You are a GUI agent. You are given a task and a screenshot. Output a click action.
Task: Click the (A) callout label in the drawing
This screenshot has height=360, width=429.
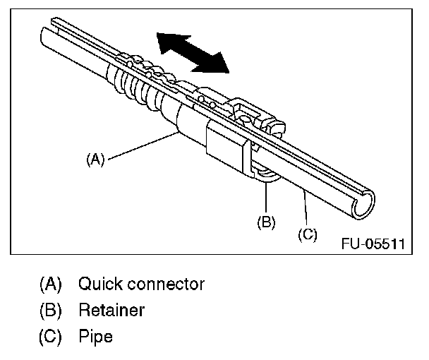coord(95,160)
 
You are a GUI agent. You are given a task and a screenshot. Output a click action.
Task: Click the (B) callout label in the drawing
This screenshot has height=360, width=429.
coord(265,222)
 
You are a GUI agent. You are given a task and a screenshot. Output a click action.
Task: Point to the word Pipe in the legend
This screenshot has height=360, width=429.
coord(95,337)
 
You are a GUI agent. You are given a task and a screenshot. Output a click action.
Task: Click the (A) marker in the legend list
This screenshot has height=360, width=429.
coord(51,284)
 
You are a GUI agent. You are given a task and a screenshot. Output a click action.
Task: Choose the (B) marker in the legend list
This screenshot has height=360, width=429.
coord(51,311)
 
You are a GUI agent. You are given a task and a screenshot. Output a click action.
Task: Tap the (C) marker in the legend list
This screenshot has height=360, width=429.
coord(51,337)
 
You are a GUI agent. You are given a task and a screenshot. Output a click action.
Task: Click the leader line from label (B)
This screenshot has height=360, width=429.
coord(267,198)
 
